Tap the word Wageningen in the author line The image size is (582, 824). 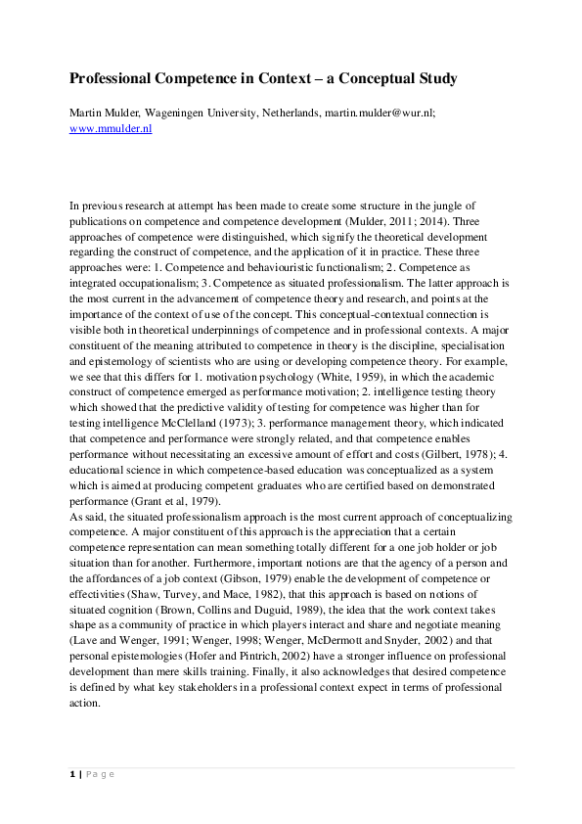coord(171,113)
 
